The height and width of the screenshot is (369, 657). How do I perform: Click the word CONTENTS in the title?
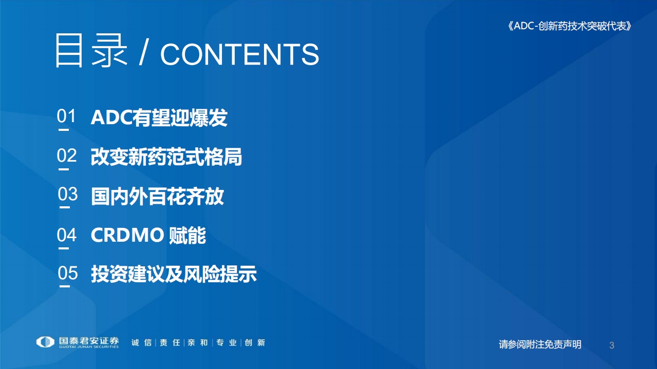(x=239, y=54)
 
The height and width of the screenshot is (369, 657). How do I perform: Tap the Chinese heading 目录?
(x=91, y=51)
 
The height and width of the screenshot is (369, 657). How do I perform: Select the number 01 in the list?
(x=66, y=116)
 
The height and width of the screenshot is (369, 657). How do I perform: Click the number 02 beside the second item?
(x=67, y=156)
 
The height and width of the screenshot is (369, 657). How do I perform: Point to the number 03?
(x=67, y=195)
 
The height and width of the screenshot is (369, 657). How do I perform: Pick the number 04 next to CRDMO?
(x=67, y=235)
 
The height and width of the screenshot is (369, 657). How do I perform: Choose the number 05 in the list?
(x=67, y=273)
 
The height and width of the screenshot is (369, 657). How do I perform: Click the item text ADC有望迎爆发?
(x=159, y=118)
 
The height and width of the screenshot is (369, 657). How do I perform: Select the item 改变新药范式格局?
(x=166, y=157)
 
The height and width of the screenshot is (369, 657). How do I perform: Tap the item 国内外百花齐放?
(x=157, y=197)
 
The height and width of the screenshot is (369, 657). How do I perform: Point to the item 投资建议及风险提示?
(x=174, y=274)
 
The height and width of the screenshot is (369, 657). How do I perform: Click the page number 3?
(x=611, y=345)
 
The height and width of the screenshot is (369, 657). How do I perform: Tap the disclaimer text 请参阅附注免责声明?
(x=540, y=344)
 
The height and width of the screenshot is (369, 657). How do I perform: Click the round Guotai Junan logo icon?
(x=45, y=342)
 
